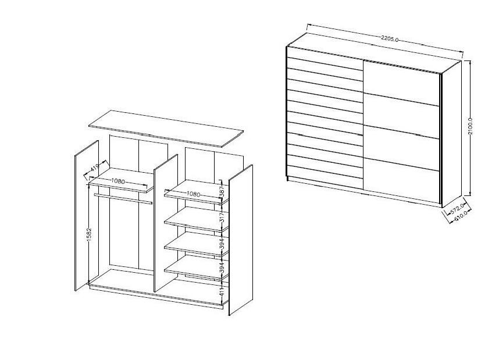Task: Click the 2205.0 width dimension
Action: pyautogui.click(x=390, y=40)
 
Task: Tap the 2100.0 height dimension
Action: pyautogui.click(x=471, y=126)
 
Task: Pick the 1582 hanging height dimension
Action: pyautogui.click(x=89, y=236)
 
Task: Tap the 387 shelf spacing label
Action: pyautogui.click(x=222, y=191)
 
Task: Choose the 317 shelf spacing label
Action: pyautogui.click(x=222, y=217)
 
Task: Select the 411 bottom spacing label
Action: pyautogui.click(x=222, y=291)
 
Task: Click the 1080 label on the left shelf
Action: pyautogui.click(x=117, y=181)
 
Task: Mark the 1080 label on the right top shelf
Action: pyautogui.click(x=193, y=194)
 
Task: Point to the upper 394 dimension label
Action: pyautogui.click(x=222, y=243)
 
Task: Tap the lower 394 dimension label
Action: pyautogui.click(x=222, y=268)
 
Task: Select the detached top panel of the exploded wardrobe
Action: pyautogui.click(x=166, y=129)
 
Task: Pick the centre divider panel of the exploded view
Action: pyautogui.click(x=166, y=223)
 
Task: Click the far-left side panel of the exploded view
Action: pyautogui.click(x=87, y=216)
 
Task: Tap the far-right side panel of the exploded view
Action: pyautogui.click(x=241, y=240)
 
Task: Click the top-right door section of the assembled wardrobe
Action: pyautogui.click(x=402, y=83)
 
